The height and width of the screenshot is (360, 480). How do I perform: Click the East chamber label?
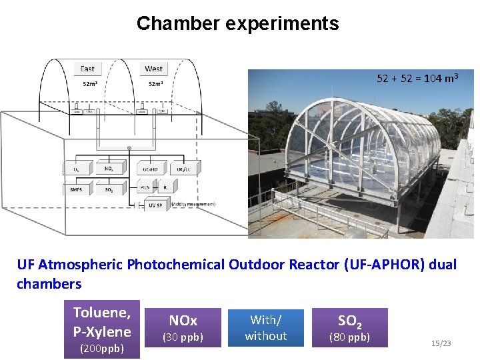[x=87, y=69]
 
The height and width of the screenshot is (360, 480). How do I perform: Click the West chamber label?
[x=154, y=69]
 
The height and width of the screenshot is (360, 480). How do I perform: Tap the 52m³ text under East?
[x=89, y=84]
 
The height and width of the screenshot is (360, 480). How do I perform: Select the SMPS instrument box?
[x=77, y=190]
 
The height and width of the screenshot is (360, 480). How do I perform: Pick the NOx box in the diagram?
[x=109, y=169]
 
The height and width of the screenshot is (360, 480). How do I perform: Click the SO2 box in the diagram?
[x=109, y=190]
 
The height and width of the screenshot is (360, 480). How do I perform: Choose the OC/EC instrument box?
[x=184, y=169]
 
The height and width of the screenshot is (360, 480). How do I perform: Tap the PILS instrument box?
[x=145, y=188]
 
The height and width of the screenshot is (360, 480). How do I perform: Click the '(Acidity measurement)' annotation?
[x=193, y=203]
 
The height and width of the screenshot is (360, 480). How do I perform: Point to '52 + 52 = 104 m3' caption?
[x=417, y=78]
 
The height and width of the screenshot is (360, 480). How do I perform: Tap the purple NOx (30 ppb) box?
[x=183, y=329]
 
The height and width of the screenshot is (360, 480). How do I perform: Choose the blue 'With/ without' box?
[x=265, y=328]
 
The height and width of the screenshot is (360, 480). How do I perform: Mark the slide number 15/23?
[x=441, y=343]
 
